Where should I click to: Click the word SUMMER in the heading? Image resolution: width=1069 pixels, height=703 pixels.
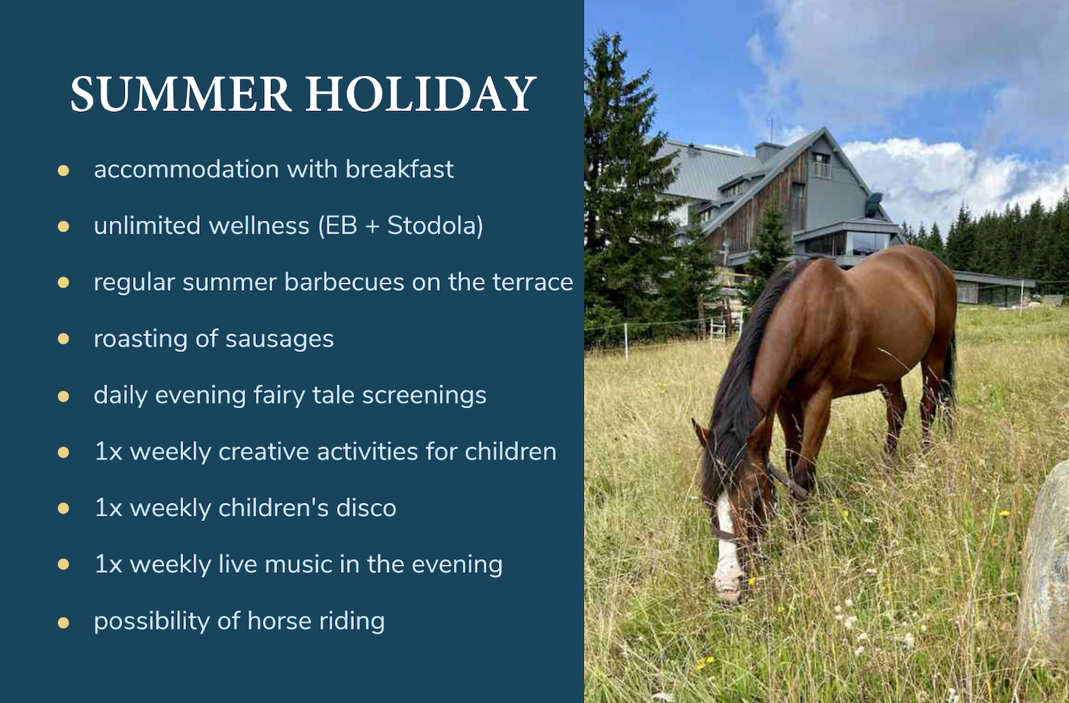pos(181,94)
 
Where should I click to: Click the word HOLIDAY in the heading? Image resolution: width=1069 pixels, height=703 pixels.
pos(421,94)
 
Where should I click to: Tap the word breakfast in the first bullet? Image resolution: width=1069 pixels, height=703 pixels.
pos(399,169)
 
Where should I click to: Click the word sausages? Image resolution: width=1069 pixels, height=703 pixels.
pos(280,339)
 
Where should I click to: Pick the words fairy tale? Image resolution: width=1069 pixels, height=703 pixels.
pos(303,395)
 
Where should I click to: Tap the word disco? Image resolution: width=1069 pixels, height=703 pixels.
pos(366,508)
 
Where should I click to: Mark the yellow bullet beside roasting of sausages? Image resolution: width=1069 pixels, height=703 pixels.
pos(63,339)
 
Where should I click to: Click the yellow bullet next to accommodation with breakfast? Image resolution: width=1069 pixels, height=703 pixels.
pos(63,170)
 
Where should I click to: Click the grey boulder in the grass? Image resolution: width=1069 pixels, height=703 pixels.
pos(1045,558)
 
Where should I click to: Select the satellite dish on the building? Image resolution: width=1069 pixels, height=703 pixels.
pos(873,204)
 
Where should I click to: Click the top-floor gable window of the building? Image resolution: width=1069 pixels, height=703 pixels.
pos(821,165)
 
